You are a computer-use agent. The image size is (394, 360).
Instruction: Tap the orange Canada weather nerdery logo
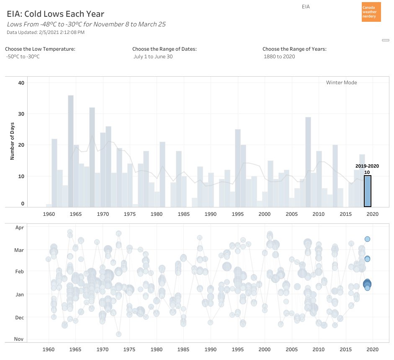click(371, 12)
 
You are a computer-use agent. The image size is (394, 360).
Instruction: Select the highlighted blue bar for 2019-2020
click(367, 191)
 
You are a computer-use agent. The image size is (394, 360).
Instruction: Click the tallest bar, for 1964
click(71, 151)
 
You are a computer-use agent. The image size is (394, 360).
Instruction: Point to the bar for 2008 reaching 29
click(308, 162)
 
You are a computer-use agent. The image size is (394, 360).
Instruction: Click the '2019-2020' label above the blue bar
click(367, 166)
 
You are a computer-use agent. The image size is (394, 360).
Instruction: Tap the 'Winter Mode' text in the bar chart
click(341, 83)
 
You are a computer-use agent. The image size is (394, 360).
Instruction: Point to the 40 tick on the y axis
click(21, 83)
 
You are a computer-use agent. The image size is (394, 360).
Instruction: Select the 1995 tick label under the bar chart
click(238, 214)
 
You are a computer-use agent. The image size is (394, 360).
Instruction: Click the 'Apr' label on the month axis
click(20, 228)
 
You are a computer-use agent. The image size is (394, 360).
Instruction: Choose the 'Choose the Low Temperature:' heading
click(40, 49)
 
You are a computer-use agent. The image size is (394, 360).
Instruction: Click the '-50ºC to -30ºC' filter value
click(23, 57)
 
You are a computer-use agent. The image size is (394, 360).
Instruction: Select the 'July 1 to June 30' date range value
click(153, 57)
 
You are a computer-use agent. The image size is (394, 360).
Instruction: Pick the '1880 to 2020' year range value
click(279, 57)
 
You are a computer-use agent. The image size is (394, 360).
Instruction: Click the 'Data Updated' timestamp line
click(46, 32)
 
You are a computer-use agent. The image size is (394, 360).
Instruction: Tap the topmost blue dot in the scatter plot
click(367, 239)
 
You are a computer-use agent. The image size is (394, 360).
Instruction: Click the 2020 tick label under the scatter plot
click(372, 349)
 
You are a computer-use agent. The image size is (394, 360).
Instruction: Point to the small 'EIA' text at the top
click(306, 7)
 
